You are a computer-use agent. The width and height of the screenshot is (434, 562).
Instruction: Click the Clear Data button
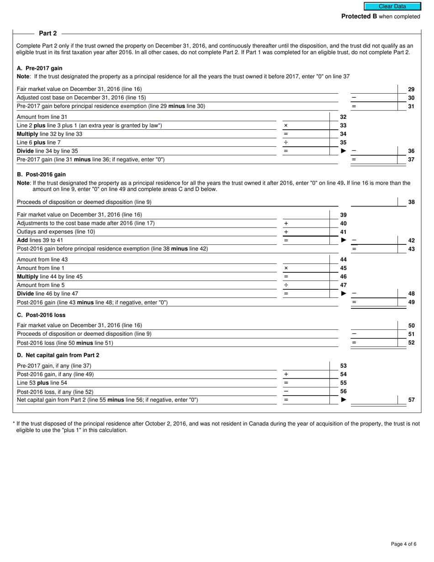392,6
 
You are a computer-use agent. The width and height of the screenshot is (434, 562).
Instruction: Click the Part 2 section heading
48,33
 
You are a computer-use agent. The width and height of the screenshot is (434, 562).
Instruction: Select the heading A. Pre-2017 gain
39,68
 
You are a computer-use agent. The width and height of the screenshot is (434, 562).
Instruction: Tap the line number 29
411,89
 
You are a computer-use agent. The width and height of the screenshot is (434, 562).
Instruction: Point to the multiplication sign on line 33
286,125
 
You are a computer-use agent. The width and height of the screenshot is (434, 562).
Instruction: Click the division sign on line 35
286,143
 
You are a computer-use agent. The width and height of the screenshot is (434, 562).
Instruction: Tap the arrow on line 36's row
344,151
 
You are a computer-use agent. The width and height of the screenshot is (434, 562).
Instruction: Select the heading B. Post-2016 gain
41,174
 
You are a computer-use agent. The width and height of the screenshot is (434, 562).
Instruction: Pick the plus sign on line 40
286,223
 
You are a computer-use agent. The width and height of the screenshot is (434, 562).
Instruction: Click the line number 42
411,240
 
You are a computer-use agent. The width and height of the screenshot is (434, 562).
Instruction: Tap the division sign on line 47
286,285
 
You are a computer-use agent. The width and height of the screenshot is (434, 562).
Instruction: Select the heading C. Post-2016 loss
41,315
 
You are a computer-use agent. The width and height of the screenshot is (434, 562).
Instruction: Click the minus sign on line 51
354,334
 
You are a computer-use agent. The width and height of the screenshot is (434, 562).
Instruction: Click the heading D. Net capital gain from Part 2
58,355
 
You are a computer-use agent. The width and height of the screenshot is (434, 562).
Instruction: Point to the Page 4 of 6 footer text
403,544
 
